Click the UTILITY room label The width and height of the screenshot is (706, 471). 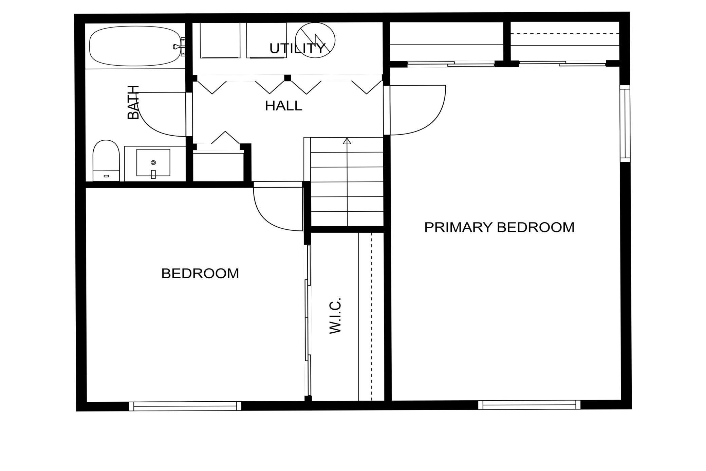297,48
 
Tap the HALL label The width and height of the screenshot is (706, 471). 283,106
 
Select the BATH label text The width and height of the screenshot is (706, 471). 133,102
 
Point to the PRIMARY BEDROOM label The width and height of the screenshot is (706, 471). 499,227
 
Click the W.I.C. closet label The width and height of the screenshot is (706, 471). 335,316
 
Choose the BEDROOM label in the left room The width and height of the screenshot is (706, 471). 200,273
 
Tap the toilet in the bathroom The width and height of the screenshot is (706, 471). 106,161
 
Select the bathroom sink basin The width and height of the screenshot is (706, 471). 153,162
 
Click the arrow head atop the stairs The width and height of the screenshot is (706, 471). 347,141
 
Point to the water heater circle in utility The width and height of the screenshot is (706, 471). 315,40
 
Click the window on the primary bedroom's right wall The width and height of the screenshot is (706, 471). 625,123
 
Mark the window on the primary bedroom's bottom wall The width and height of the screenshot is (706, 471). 529,405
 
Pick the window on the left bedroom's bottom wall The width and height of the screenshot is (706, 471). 185,406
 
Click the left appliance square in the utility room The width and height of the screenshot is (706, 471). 220,40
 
